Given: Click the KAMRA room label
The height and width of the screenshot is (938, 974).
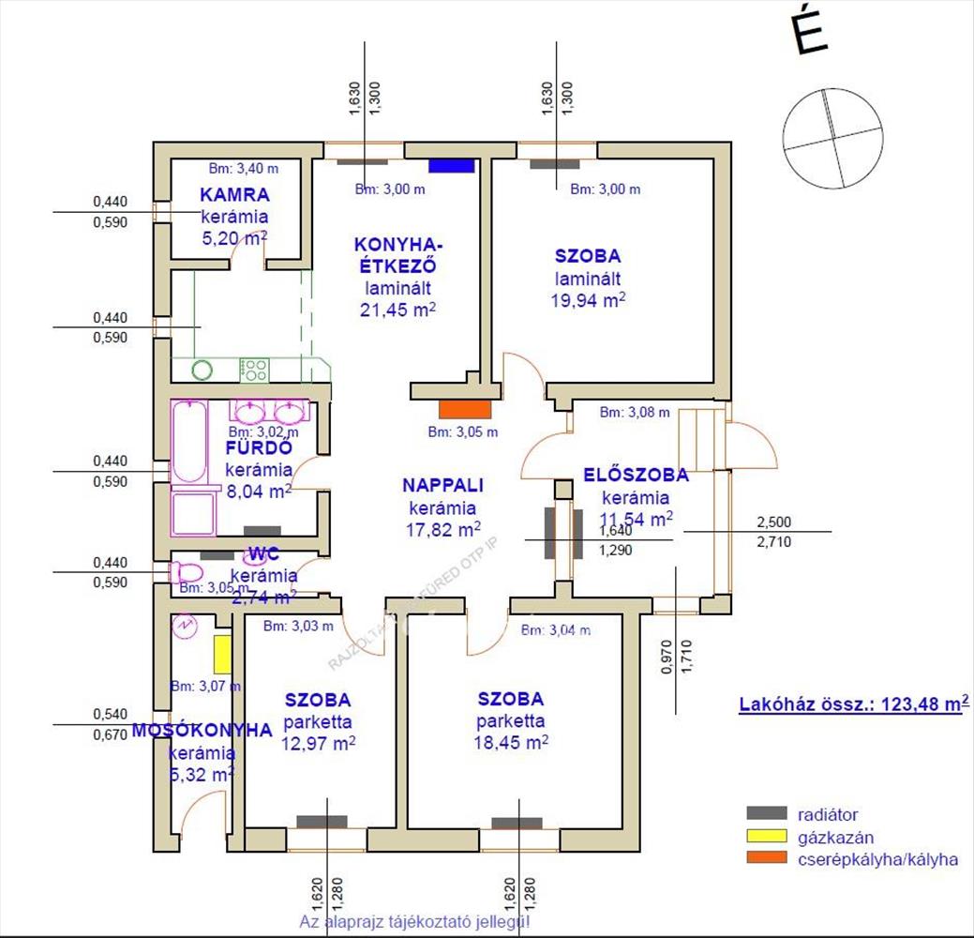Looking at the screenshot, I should [x=234, y=195].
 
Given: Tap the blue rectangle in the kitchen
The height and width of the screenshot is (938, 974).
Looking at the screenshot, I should [x=451, y=166].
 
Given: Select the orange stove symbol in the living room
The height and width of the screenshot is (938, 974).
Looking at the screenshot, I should [x=465, y=409].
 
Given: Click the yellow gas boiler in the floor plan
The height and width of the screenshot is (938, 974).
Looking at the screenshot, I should [x=222, y=654].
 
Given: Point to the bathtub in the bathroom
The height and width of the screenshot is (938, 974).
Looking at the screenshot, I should [x=190, y=441].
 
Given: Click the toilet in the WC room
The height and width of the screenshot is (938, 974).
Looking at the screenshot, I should [x=187, y=571].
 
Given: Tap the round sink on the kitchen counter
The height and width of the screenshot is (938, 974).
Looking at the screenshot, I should [x=202, y=369].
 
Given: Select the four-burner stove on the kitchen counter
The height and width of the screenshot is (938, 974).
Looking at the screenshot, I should [x=254, y=369].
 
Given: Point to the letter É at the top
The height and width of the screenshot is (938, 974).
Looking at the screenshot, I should [x=813, y=31].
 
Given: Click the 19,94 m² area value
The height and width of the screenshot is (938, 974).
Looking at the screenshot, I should [x=588, y=300].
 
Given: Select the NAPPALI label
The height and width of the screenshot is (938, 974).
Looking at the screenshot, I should [x=442, y=485].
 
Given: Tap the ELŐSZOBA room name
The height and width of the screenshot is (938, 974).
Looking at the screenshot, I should [x=636, y=475].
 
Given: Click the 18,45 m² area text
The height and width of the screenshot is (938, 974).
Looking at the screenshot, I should [x=511, y=742].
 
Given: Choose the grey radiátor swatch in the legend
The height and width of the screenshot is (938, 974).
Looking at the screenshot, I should [x=767, y=813].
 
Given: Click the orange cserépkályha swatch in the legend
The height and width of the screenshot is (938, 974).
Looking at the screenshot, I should [x=767, y=858].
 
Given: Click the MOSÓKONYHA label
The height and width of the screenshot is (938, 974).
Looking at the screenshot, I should [x=201, y=730].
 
